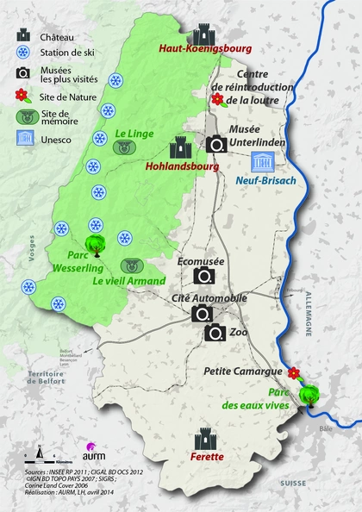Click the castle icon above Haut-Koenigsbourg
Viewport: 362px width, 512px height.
pos(204,34)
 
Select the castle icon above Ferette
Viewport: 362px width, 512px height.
pos(207,438)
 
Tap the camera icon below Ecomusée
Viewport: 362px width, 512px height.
pos(204,276)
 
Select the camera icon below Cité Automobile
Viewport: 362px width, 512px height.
pos(204,314)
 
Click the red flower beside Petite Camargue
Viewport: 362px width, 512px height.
pos(293,372)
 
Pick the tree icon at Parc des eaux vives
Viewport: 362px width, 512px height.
pos(308,395)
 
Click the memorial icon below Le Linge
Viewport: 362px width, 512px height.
pos(127,147)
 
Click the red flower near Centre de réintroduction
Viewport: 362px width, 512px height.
pos(216,99)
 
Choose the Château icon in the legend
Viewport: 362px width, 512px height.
pos(23,36)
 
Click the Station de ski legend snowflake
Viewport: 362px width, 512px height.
pos(23,54)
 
